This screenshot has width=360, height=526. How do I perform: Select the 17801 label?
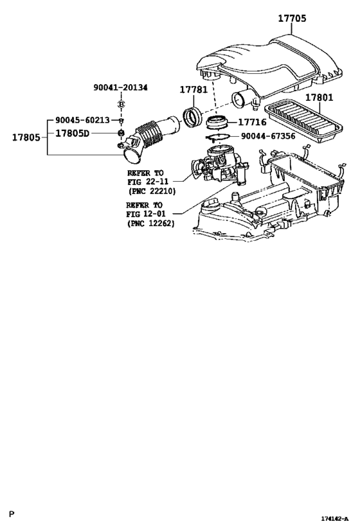click(319, 98)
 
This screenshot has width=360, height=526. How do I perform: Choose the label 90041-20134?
click(119, 87)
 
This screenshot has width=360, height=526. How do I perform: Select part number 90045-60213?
click(82, 120)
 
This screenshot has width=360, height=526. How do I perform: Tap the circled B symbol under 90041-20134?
click(120, 105)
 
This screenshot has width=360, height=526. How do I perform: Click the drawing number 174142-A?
click(335, 518)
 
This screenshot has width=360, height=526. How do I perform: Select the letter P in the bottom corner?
click(11, 515)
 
